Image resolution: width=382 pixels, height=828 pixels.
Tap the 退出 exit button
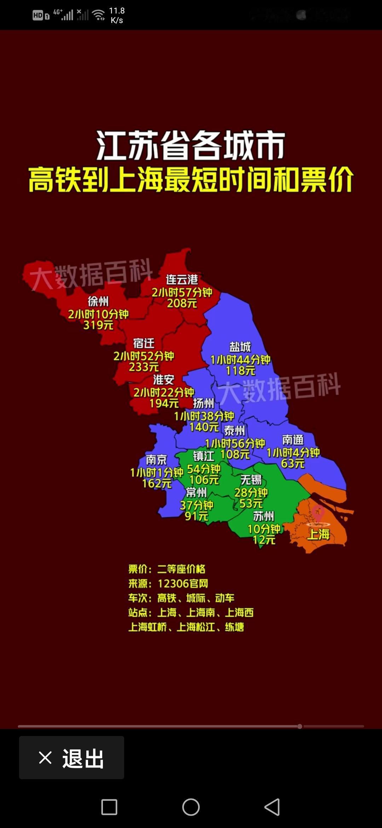tap(71, 758)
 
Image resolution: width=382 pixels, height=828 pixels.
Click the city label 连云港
tap(182, 280)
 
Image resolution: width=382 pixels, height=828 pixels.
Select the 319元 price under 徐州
tap(98, 325)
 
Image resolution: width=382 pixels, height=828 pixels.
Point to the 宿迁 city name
tap(144, 343)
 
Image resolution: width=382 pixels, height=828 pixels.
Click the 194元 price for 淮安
tap(164, 403)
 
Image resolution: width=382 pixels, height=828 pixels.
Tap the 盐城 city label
tap(240, 347)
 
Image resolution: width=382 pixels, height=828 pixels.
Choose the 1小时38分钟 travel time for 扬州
tap(204, 416)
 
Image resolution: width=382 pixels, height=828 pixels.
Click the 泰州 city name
tap(235, 431)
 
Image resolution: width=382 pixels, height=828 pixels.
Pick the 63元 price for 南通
tap(293, 463)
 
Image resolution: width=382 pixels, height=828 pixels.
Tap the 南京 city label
tap(156, 460)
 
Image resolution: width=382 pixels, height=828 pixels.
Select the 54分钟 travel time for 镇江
tap(204, 469)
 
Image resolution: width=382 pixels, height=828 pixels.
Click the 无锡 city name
tap(251, 480)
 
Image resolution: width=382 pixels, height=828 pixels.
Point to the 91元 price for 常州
tap(197, 516)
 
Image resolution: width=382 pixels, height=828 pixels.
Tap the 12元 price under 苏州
tap(264, 540)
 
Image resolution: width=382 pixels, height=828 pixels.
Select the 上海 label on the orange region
tap(318, 534)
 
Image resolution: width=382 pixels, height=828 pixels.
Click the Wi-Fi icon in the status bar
tap(98, 15)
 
